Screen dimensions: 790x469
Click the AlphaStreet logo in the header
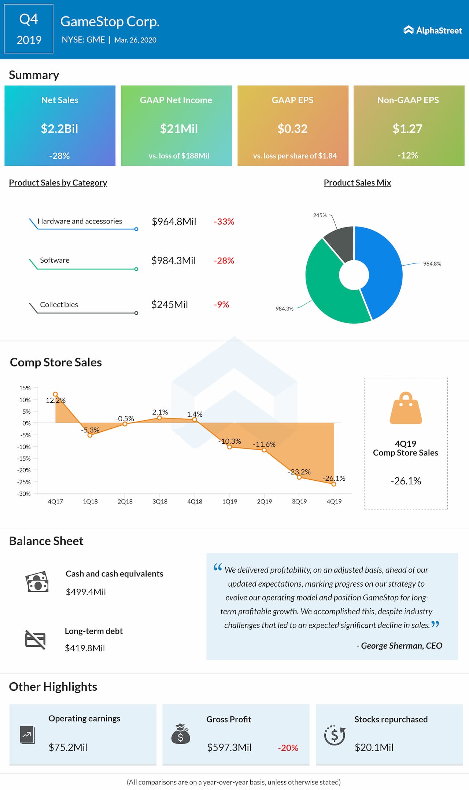pos(433,30)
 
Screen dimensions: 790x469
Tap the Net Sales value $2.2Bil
pos(59,129)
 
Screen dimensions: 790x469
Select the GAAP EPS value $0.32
pos(292,129)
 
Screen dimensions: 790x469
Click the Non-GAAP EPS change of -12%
pos(408,155)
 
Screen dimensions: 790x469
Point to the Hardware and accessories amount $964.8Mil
pos(174,222)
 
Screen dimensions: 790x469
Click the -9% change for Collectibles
pos(221,304)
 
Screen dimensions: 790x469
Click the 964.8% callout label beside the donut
pos(432,263)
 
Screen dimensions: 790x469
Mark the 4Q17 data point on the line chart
pos(55,394)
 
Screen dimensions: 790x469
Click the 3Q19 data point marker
pos(299,477)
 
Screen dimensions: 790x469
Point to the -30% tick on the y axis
pos(24,494)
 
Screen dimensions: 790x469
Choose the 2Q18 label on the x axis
pos(125,501)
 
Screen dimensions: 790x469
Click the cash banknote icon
pos(37,582)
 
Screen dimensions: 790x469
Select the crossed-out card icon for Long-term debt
pos(35,639)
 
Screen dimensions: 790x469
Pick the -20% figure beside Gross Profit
pos(288,748)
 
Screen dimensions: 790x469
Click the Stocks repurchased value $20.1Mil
pos(374,747)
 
